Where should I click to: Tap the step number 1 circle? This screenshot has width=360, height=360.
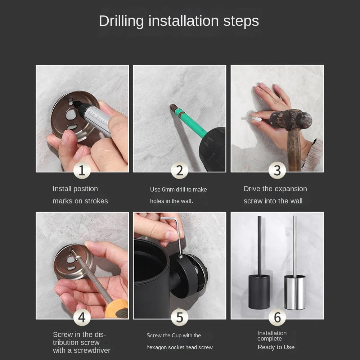click(x=82, y=170)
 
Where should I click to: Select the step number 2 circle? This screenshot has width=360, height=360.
click(x=180, y=170)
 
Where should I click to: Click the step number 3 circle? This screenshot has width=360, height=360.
click(x=277, y=170)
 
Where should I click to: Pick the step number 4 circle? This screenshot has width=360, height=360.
click(x=82, y=318)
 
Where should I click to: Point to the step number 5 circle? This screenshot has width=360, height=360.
click(x=180, y=318)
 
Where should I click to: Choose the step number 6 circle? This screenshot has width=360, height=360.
click(x=277, y=318)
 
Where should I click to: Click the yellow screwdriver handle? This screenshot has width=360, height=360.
click(x=117, y=309)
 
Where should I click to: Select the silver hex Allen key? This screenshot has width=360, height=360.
click(x=177, y=234)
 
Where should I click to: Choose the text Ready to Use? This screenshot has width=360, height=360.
click(x=276, y=347)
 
